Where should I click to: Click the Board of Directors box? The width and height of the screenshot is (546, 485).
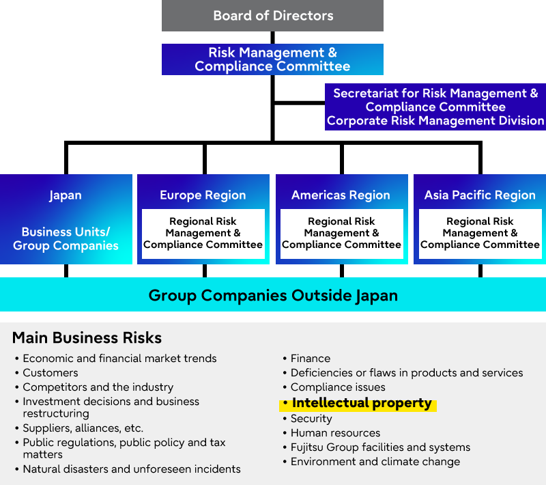pyautogui.click(x=272, y=16)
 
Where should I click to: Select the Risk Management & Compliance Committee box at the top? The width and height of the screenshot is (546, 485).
pyautogui.click(x=272, y=59)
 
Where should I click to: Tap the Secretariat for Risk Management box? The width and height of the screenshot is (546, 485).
pyautogui.click(x=435, y=107)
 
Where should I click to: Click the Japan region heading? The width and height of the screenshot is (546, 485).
pyautogui.click(x=66, y=195)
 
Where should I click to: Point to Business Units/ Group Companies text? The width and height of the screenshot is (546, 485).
pyautogui.click(x=66, y=238)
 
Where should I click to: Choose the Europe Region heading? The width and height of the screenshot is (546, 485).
pyautogui.click(x=203, y=195)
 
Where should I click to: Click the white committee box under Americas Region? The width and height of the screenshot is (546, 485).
pyautogui.click(x=341, y=233)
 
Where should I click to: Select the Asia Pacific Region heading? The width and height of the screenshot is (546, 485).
pyautogui.click(x=480, y=195)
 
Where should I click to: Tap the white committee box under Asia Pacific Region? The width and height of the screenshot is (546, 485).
pyautogui.click(x=480, y=233)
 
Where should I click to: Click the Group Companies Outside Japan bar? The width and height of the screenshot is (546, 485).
pyautogui.click(x=272, y=296)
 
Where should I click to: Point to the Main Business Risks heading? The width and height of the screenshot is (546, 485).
pyautogui.click(x=87, y=337)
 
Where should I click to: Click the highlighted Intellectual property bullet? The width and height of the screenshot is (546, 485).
pyautogui.click(x=361, y=403)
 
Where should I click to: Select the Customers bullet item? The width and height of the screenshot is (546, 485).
pyautogui.click(x=50, y=373)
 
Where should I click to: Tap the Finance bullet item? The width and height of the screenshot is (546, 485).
pyautogui.click(x=310, y=359)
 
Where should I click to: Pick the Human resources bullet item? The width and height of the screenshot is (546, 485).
pyautogui.click(x=335, y=433)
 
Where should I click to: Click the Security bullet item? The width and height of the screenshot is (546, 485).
pyautogui.click(x=311, y=419)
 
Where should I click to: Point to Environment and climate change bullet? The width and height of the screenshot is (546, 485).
pyautogui.click(x=375, y=462)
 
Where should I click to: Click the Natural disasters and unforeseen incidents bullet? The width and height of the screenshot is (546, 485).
pyautogui.click(x=131, y=469)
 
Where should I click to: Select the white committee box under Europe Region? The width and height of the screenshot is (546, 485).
pyautogui.click(x=203, y=233)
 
